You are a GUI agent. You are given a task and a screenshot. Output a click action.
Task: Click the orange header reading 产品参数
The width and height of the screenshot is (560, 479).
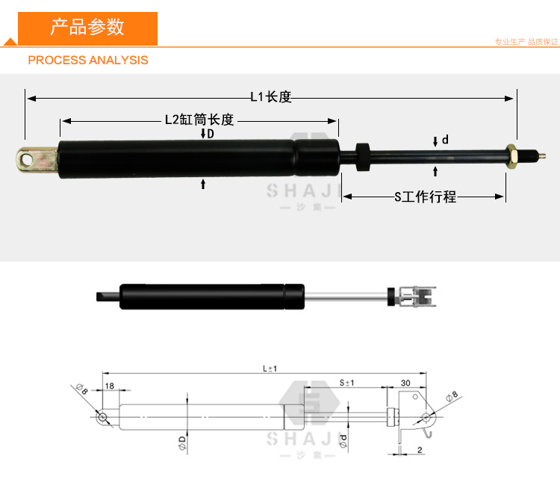(87, 28)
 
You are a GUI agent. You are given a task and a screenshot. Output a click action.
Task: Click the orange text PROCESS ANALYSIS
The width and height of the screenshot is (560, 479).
(88, 60)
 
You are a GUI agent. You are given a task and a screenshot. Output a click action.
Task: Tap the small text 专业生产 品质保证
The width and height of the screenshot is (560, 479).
(526, 42)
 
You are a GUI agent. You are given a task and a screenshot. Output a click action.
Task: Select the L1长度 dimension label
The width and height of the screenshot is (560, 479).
(271, 96)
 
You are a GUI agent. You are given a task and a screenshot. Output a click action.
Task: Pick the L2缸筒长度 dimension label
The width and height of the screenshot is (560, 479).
(199, 120)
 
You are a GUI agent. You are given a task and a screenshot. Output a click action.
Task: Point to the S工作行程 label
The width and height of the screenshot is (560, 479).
(425, 197)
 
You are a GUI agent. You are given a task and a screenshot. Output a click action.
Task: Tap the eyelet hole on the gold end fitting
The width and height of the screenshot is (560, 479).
(28, 159)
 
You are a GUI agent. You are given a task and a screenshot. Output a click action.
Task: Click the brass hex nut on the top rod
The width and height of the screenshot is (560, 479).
(511, 156)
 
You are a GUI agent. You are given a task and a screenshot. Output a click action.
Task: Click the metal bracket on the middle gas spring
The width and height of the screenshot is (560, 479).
(418, 297)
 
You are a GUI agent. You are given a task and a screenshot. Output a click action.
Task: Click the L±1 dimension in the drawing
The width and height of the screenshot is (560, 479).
(270, 368)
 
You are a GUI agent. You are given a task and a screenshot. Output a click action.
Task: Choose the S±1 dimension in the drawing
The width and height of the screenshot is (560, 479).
(346, 383)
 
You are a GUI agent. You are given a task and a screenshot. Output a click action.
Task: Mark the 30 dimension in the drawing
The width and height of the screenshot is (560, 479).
(406, 383)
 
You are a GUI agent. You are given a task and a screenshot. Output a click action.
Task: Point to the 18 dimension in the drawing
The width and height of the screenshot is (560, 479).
(110, 385)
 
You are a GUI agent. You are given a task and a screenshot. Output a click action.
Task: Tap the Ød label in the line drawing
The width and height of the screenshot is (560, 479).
(343, 441)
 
